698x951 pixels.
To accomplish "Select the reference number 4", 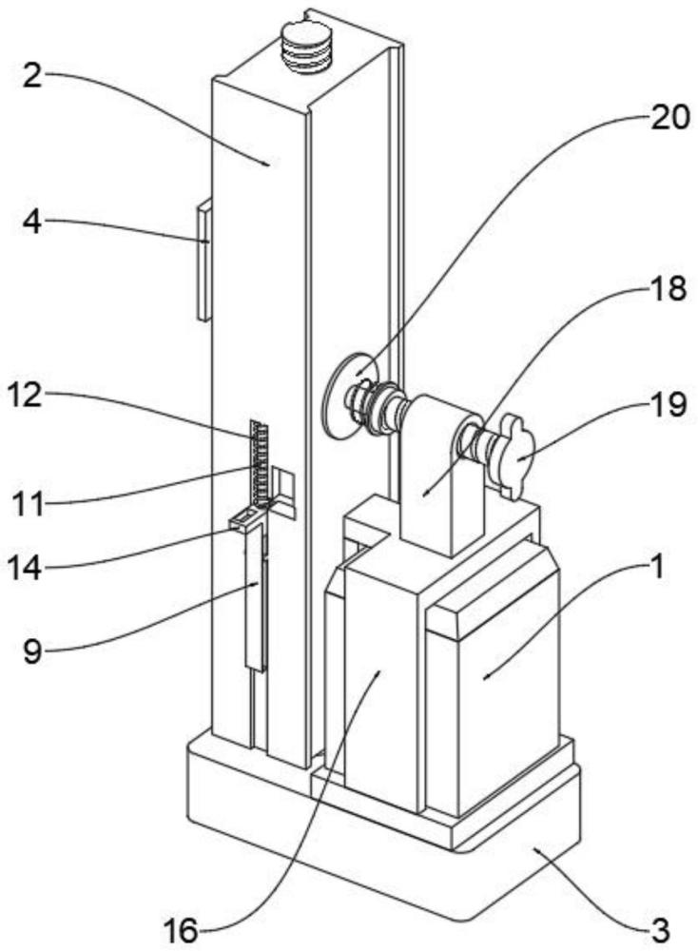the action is [32, 223].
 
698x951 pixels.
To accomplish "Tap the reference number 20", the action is [669, 117].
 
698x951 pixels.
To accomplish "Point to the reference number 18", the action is [669, 289].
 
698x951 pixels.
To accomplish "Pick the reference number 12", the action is [25, 396].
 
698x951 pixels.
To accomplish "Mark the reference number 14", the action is [25, 568].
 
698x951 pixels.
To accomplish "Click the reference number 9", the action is [32, 651].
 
